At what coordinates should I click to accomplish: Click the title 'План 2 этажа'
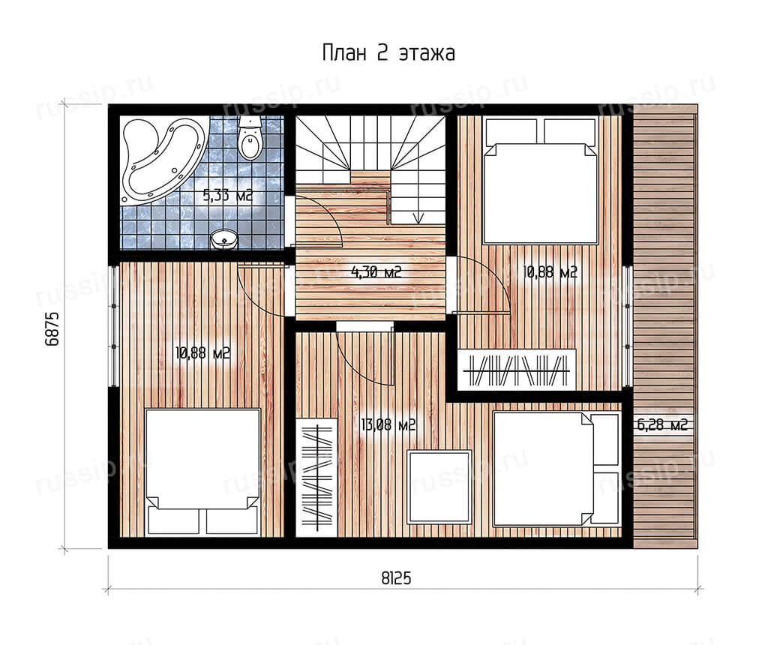(x=388, y=53)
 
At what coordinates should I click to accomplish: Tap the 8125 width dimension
(x=396, y=578)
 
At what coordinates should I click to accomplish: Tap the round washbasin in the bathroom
(x=224, y=239)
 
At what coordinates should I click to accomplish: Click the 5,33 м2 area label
(x=228, y=196)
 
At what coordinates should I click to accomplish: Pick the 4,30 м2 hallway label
(x=376, y=271)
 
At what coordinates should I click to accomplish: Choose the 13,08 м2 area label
(x=388, y=424)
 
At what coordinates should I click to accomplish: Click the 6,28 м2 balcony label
(x=661, y=424)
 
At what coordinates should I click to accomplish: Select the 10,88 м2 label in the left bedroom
(x=202, y=352)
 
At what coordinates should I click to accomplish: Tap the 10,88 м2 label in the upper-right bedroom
(x=550, y=271)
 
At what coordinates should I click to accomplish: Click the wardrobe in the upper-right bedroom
(x=517, y=370)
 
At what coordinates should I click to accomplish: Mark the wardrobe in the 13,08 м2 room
(x=317, y=478)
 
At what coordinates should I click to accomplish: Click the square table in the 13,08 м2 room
(x=439, y=487)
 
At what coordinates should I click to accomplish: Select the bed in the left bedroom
(x=202, y=472)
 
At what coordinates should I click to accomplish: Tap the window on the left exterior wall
(x=114, y=326)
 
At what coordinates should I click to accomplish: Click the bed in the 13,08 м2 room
(x=556, y=469)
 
